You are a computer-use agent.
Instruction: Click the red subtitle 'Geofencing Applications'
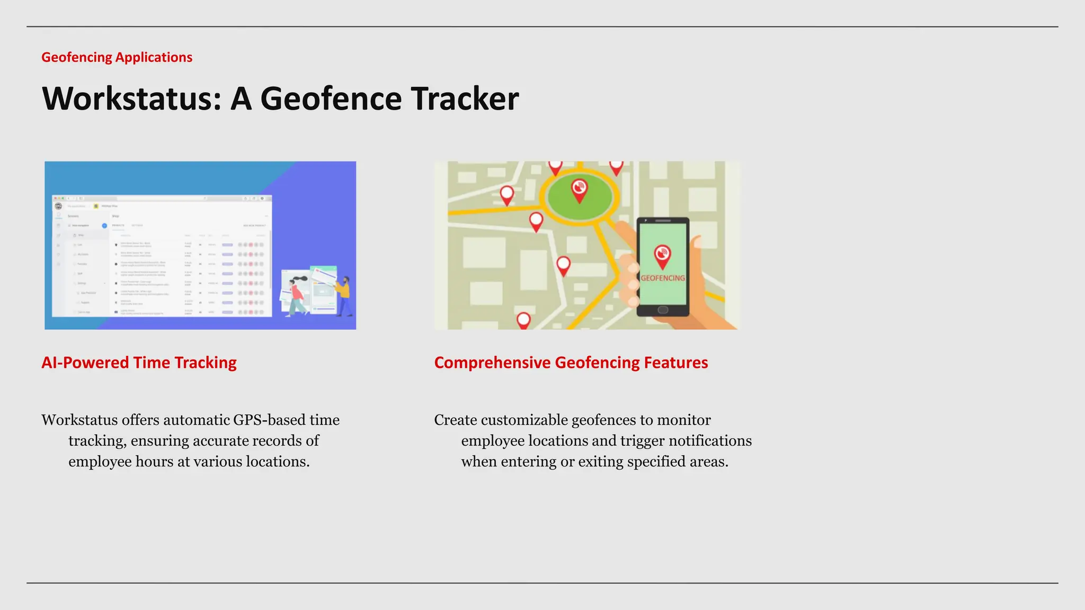point(117,57)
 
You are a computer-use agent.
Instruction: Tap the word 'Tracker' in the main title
point(465,98)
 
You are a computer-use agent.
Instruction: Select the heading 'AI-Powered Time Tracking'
point(139,363)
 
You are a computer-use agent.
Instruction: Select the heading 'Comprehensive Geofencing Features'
point(571,363)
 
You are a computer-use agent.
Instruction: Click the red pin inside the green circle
point(579,190)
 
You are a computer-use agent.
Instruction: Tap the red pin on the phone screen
point(662,255)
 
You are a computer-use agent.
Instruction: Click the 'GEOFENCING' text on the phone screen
point(662,278)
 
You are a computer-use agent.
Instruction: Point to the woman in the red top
point(297,295)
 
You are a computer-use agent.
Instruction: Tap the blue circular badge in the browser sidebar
point(104,226)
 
